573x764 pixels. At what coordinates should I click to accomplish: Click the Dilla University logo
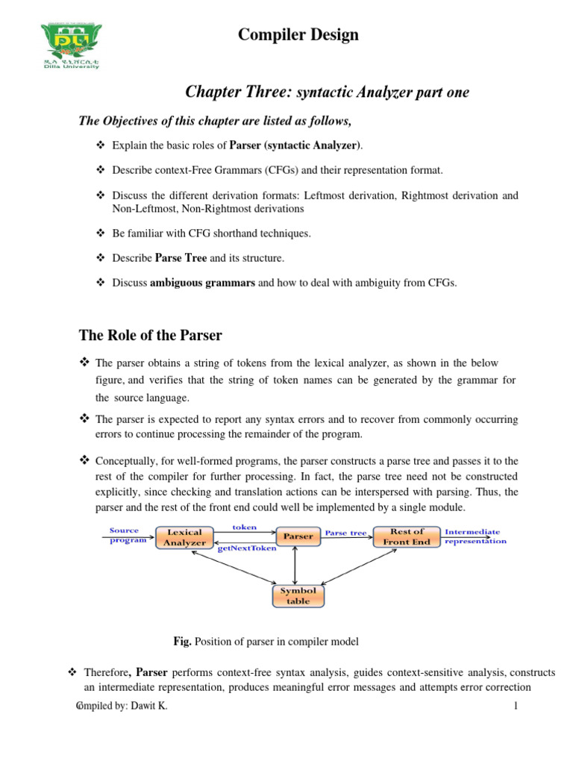pos(70,45)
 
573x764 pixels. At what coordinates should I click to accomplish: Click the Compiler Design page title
pos(298,35)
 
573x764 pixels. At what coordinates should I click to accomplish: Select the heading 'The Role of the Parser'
pos(151,335)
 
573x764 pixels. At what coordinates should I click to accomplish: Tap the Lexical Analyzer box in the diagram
pos(184,537)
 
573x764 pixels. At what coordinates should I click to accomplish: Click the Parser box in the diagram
pos(296,536)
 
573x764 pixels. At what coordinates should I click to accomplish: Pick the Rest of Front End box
pos(407,536)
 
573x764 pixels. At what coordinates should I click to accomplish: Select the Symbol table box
pos(298,595)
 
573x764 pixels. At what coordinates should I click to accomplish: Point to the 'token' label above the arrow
pos(244,527)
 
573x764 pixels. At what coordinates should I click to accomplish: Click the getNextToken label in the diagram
pos(247,548)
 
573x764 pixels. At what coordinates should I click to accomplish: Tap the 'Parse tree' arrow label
pos(345,533)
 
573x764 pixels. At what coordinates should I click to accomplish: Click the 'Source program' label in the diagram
pos(127,535)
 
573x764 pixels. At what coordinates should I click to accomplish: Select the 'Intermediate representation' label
pos(475,536)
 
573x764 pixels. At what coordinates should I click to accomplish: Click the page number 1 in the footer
pos(515,707)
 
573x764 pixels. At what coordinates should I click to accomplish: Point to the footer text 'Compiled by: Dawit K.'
pos(122,707)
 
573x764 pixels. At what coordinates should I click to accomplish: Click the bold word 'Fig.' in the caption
pos(182,641)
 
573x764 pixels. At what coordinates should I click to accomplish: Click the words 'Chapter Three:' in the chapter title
pos(228,92)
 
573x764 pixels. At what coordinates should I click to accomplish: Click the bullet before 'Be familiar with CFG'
pos(102,234)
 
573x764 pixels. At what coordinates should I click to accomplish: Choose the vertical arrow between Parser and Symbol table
pos(296,565)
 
